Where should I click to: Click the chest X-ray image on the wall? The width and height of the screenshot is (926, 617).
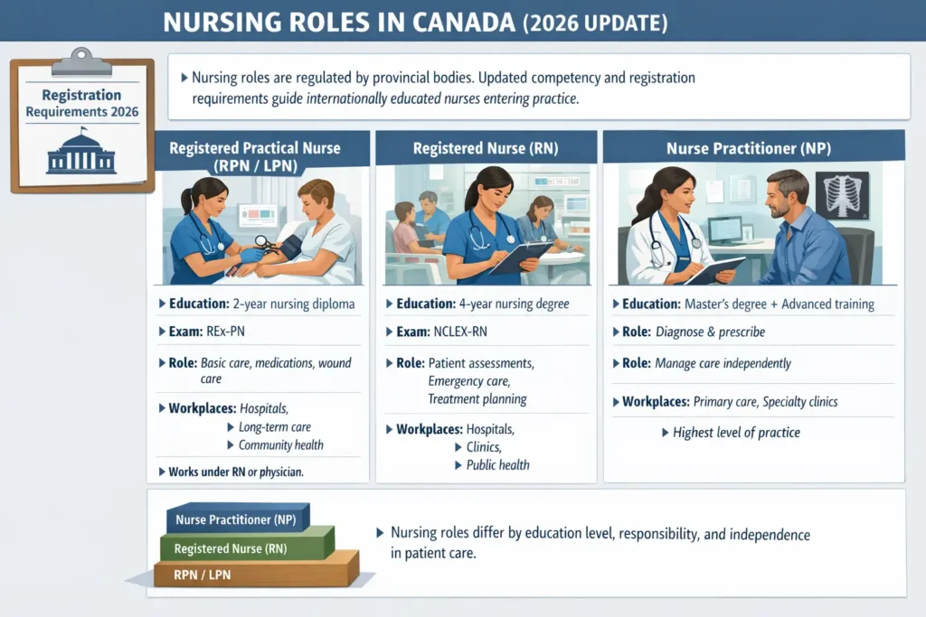841,196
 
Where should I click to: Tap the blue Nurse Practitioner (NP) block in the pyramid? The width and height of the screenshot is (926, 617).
237,519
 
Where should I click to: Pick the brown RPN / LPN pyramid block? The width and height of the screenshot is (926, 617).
253,573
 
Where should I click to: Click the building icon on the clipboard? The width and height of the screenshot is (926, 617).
81,153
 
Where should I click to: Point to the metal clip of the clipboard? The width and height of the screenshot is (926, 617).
81,62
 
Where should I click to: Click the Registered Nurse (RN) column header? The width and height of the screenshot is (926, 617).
485,148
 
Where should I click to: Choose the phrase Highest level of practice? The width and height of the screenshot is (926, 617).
735,433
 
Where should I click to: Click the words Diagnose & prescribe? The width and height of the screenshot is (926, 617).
710,332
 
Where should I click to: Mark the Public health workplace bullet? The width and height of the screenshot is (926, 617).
497,465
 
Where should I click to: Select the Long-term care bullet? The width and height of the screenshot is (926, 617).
274,427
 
